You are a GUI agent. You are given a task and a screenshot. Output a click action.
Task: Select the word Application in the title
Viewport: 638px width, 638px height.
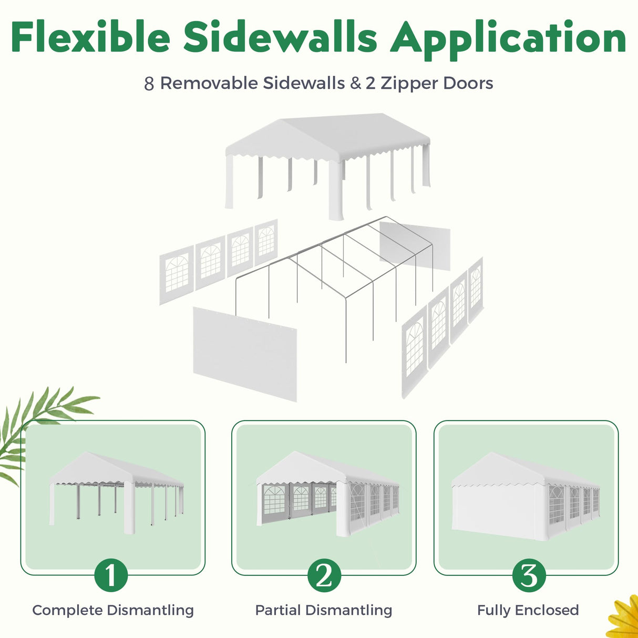click(508, 40)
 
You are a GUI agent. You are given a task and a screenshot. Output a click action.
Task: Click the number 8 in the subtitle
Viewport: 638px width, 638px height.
click(149, 84)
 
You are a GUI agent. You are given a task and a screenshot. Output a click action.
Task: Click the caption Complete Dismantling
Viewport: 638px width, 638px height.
click(113, 610)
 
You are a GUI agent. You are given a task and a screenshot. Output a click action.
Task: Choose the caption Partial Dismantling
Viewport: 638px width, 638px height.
click(324, 610)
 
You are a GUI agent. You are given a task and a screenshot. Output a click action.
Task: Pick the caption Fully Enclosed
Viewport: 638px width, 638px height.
click(528, 610)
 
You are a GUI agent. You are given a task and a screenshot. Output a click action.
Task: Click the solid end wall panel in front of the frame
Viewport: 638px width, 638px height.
click(245, 354)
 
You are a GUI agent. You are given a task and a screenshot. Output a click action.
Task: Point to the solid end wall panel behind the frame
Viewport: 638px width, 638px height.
click(415, 245)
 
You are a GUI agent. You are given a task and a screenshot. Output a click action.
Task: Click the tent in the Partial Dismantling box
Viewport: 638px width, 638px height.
click(327, 493)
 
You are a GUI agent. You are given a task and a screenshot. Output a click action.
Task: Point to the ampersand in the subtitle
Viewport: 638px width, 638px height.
click(355, 84)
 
